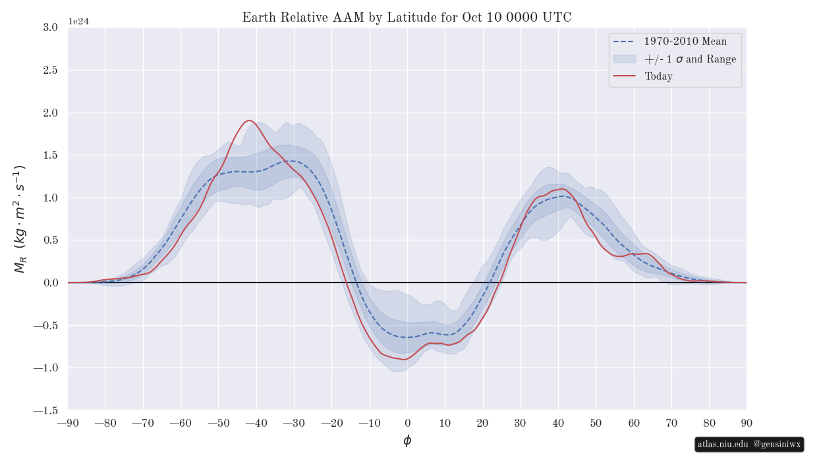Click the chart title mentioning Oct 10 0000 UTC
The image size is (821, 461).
(x=407, y=18)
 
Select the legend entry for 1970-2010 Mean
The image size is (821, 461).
(x=685, y=41)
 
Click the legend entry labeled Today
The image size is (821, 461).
(x=658, y=76)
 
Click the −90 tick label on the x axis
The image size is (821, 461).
(x=68, y=423)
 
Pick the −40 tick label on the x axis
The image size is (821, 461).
(x=256, y=423)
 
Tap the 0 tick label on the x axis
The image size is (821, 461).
(x=407, y=423)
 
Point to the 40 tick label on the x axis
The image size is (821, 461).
(x=558, y=423)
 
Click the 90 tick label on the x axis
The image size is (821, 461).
(x=747, y=423)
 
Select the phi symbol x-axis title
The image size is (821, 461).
(x=407, y=441)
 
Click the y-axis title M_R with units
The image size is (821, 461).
(x=20, y=219)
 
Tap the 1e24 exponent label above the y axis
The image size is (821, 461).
(x=78, y=21)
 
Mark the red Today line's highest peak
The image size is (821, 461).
(x=249, y=121)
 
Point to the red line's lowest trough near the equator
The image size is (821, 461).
(x=403, y=360)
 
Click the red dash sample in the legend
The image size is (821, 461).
(x=624, y=76)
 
